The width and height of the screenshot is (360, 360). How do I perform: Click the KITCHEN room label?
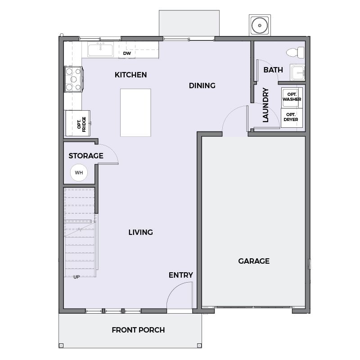click(130, 75)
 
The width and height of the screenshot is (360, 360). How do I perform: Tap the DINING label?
click(202, 85)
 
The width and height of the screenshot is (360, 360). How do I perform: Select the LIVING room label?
click(140, 232)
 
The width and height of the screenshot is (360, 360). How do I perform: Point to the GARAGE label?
click(254, 261)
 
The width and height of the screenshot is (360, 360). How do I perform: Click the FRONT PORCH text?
click(138, 330)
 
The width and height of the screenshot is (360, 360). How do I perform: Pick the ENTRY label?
click(181, 275)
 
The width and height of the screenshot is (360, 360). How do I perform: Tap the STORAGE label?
click(86, 156)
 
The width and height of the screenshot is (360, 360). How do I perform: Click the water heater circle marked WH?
click(79, 173)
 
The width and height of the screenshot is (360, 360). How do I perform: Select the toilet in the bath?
click(295, 52)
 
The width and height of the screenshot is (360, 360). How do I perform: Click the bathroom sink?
click(297, 72)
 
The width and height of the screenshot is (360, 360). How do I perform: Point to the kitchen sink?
click(100, 49)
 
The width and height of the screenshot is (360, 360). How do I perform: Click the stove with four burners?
click(73, 79)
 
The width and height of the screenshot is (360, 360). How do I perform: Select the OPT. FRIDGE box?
click(77, 123)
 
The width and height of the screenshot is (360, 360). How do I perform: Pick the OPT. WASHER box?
click(292, 98)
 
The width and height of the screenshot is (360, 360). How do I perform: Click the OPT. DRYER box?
click(292, 118)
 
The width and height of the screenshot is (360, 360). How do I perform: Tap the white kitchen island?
click(135, 113)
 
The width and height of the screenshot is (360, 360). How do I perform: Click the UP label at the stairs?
click(76, 277)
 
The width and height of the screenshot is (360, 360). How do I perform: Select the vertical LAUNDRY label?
click(265, 105)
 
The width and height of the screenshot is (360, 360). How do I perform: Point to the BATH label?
click(273, 70)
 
